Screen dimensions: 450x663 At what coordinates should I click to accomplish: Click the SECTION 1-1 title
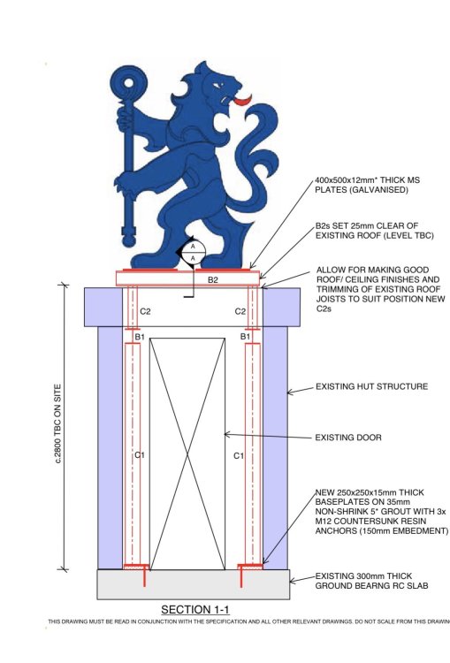click(195, 609)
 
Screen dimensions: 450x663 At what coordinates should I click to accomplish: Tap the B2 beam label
click(213, 280)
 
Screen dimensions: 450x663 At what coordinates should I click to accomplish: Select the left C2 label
click(145, 312)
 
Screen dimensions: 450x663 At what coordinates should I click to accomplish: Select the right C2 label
click(240, 312)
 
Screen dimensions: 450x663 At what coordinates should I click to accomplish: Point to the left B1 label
click(140, 337)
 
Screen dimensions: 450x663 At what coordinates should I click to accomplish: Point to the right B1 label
click(245, 337)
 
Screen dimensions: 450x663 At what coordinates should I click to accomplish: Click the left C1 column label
click(140, 455)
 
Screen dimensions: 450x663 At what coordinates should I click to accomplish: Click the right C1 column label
click(239, 455)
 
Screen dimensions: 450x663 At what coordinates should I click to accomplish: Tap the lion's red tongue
click(243, 101)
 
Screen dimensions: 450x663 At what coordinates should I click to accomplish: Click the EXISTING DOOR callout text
click(348, 438)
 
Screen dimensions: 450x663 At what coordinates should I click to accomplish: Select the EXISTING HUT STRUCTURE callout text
click(371, 386)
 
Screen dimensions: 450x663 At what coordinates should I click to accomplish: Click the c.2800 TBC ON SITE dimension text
click(58, 423)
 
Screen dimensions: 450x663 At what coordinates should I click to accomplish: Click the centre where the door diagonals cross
click(187, 454)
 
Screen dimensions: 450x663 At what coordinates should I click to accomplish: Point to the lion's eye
click(217, 86)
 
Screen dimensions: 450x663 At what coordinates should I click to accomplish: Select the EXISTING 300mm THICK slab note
click(363, 575)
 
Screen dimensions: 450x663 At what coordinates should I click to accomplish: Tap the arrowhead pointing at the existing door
click(227, 434)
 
